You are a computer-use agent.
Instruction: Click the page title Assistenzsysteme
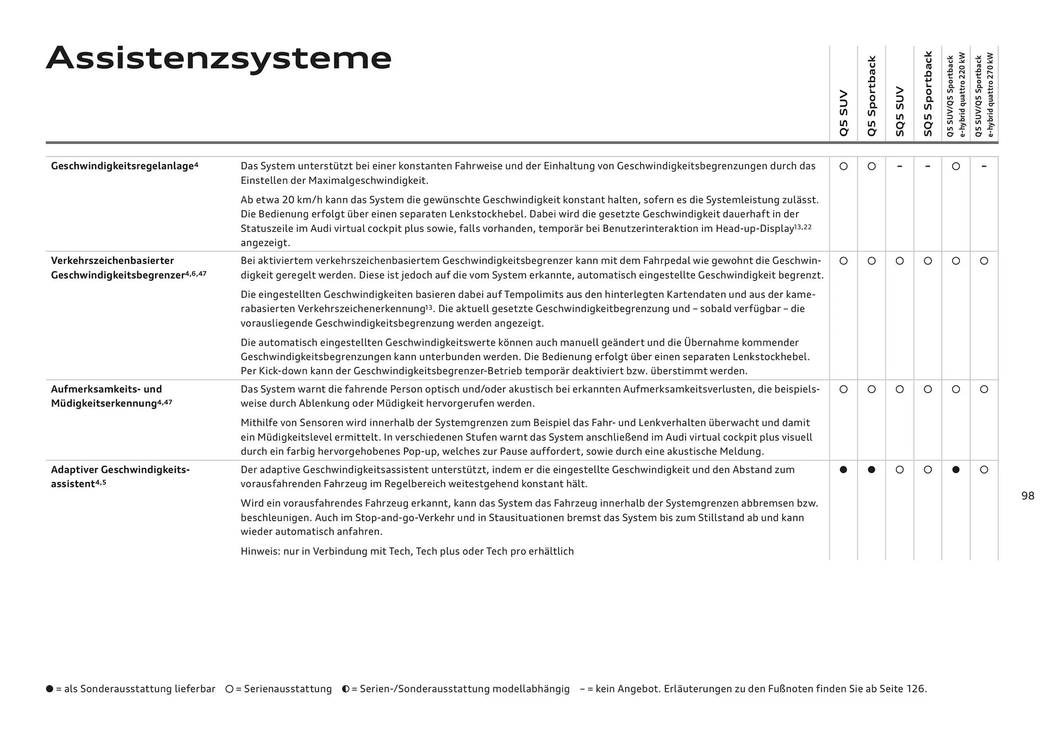[219, 58]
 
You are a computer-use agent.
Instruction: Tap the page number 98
[1028, 496]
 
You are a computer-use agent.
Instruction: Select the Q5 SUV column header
[843, 113]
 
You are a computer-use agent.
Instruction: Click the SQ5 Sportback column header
[928, 93]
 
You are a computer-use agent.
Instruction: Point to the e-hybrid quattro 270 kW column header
[984, 95]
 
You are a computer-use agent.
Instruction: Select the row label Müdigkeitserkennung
[104, 403]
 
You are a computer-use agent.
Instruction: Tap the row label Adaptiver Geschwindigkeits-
[120, 470]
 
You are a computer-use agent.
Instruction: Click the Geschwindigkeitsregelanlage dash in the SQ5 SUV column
[899, 166]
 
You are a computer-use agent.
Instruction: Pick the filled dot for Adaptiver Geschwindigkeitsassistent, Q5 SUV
[843, 470]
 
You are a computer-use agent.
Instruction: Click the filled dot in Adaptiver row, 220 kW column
[956, 470]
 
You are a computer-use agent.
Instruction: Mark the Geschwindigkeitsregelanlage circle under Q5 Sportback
[872, 166]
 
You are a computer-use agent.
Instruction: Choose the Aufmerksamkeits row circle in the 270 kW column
[984, 389]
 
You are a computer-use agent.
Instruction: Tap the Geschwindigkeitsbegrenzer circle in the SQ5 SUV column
[899, 261]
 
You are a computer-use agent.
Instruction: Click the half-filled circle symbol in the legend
[346, 689]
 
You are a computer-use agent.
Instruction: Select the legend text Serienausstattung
[288, 689]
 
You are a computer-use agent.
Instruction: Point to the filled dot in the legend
[50, 689]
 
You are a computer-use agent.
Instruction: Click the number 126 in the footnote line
[915, 689]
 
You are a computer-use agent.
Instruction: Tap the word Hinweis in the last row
[260, 551]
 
